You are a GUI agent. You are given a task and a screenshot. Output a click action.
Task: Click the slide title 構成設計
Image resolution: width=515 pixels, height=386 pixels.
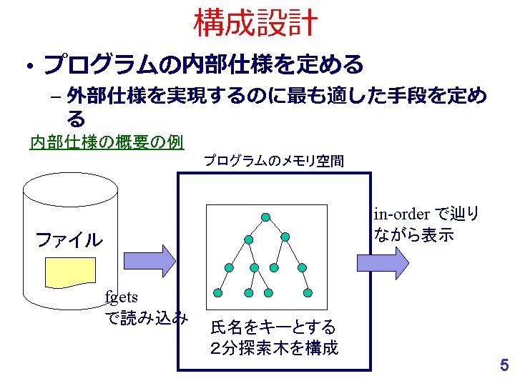pyautogui.click(x=256, y=23)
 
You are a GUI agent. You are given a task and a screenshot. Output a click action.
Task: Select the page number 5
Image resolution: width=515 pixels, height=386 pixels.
pyautogui.click(x=504, y=366)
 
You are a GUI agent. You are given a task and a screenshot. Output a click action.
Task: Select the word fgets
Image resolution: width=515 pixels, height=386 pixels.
pyautogui.click(x=121, y=296)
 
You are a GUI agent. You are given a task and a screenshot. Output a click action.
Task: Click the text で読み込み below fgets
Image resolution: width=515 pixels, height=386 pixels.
pyautogui.click(x=147, y=317)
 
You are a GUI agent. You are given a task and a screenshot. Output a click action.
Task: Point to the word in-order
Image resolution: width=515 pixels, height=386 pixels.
pyautogui.click(x=401, y=214)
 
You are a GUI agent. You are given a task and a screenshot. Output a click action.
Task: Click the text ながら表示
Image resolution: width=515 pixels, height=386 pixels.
pyautogui.click(x=413, y=235)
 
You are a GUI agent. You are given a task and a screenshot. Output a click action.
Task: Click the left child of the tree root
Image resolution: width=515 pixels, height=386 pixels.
pyautogui.click(x=248, y=239)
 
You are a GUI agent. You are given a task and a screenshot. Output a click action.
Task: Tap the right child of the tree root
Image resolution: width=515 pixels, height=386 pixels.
pyautogui.click(x=285, y=237)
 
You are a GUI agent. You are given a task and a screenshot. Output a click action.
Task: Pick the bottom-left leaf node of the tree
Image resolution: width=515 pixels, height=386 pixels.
pyautogui.click(x=217, y=292)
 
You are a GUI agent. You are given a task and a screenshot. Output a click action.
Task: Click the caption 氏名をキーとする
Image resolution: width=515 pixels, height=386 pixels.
pyautogui.click(x=273, y=327)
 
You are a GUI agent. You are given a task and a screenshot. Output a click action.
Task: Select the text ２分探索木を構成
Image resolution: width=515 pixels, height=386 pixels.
pyautogui.click(x=274, y=348)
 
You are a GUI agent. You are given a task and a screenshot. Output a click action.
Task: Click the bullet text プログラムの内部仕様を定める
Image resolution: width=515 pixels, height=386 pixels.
pyautogui.click(x=204, y=66)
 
